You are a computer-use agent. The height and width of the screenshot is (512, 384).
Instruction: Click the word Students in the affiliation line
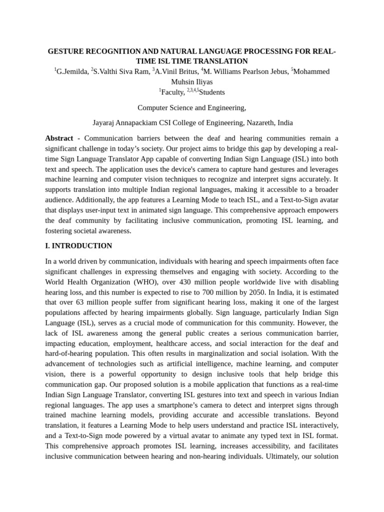pyautogui.click(x=212, y=92)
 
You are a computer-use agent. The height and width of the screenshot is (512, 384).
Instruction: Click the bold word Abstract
pyautogui.click(x=59, y=138)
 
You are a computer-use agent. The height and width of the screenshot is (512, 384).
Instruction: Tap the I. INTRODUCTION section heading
pyautogui.click(x=78, y=246)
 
